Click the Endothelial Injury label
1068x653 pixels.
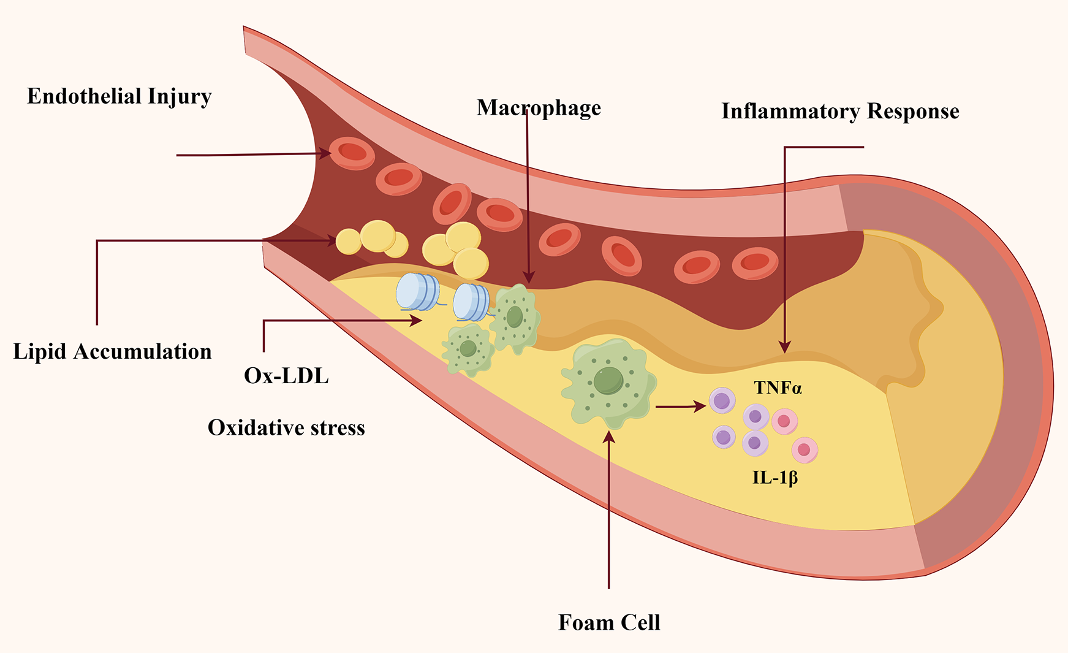click(x=119, y=97)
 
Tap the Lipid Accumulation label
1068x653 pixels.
click(x=112, y=352)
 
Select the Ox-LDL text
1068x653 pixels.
click(x=286, y=376)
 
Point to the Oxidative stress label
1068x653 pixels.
click(x=286, y=428)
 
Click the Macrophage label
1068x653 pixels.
click(x=539, y=108)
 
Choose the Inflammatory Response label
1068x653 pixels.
click(x=840, y=112)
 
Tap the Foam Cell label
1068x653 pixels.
click(x=609, y=623)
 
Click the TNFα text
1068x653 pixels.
click(x=778, y=388)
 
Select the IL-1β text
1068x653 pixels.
click(x=775, y=478)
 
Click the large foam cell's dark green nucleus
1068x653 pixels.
click(x=608, y=381)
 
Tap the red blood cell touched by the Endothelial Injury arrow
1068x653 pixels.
click(x=352, y=153)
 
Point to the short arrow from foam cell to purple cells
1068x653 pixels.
click(x=680, y=406)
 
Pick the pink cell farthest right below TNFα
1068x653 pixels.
click(x=805, y=450)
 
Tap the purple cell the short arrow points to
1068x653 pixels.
click(x=722, y=401)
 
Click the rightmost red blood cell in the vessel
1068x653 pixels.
click(x=755, y=263)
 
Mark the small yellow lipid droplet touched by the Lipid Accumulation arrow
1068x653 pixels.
click(x=349, y=242)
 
